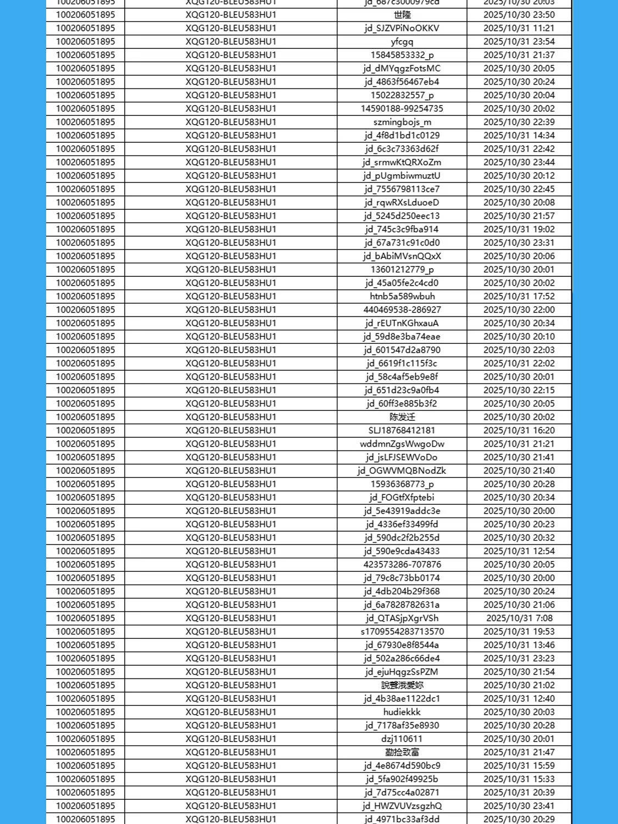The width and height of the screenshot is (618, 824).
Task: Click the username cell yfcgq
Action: [402, 42]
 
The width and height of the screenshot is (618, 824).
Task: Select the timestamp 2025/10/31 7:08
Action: [519, 618]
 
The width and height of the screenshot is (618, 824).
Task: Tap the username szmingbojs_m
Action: [402, 122]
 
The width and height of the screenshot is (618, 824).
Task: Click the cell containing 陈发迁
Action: [402, 417]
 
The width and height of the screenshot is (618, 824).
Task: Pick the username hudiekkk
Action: [402, 712]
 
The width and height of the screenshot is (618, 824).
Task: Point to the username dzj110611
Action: [402, 739]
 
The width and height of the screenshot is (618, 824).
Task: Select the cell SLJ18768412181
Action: [402, 430]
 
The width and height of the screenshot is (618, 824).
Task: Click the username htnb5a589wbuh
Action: [402, 296]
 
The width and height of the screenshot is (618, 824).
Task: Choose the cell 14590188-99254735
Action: [402, 109]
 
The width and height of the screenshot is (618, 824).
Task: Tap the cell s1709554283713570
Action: [402, 632]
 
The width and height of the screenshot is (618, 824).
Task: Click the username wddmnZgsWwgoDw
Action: [402, 444]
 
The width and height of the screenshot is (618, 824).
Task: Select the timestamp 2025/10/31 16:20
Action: [519, 430]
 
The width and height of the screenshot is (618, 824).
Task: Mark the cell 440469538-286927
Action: [402, 310]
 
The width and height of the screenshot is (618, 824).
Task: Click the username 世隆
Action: [402, 15]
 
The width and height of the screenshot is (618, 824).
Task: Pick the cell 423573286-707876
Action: [402, 564]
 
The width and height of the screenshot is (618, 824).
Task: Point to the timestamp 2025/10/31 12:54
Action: [519, 551]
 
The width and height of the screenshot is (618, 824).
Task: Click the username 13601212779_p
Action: [402, 269]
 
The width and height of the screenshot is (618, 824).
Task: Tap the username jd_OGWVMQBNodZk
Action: [402, 471]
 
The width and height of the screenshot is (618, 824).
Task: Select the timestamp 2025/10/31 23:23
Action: [519, 658]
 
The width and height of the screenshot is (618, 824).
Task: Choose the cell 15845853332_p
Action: [402, 55]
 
